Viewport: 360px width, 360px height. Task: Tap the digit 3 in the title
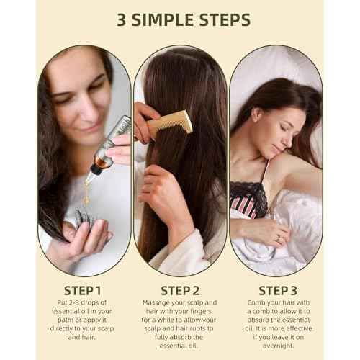tap(122, 19)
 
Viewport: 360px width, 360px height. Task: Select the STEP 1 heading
tap(82, 291)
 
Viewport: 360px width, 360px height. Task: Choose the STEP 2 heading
tap(180, 291)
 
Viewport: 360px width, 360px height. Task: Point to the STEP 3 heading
tap(278, 291)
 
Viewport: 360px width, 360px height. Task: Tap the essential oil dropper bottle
tap(109, 146)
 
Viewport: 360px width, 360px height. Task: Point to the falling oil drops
tap(86, 192)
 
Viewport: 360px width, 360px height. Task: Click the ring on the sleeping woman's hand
tap(279, 238)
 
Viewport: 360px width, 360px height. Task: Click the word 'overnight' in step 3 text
tap(278, 346)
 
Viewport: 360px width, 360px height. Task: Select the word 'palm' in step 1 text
tap(66, 320)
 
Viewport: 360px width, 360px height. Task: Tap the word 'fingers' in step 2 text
tap(200, 311)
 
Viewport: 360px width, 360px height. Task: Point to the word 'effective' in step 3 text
tap(299, 328)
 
